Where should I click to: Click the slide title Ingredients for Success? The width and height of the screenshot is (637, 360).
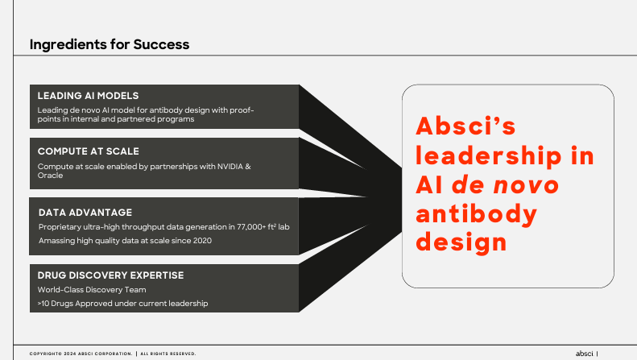pyautogui.click(x=110, y=44)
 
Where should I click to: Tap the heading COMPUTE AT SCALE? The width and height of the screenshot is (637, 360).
pyautogui.click(x=88, y=151)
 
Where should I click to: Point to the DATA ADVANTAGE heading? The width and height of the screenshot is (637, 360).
pyautogui.click(x=85, y=212)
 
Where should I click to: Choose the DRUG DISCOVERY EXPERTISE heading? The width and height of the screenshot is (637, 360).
pyautogui.click(x=110, y=275)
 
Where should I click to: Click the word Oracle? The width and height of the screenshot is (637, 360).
pyautogui.click(x=50, y=176)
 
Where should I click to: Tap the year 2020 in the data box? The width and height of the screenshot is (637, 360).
pyautogui.click(x=201, y=241)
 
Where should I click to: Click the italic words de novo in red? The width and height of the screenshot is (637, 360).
pyautogui.click(x=504, y=184)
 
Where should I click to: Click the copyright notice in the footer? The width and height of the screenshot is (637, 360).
pyautogui.click(x=112, y=353)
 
